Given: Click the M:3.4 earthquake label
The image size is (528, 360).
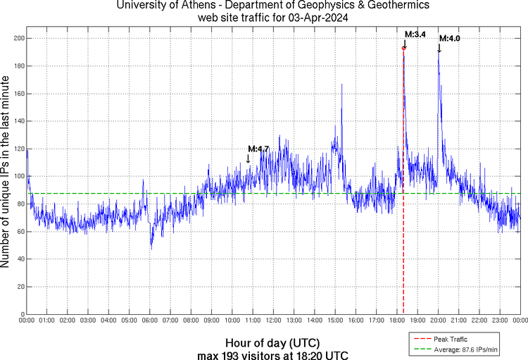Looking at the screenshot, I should point(415,34).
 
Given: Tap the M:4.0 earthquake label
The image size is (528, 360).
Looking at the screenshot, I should point(449,38).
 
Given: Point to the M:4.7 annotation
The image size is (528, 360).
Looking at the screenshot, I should point(258,149).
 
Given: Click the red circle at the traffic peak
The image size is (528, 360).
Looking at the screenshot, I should point(403,48).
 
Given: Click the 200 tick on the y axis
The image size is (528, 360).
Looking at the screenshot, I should point(18,38).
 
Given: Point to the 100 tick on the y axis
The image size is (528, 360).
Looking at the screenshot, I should point(18,176).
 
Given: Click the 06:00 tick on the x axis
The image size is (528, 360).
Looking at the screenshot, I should point(150,321).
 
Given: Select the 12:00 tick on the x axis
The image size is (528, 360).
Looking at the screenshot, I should point(273,321).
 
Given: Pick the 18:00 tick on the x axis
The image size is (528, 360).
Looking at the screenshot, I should point(396,321).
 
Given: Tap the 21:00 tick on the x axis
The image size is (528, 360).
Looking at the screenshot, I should point(458,321).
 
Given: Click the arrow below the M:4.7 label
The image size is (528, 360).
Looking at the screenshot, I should point(248,159).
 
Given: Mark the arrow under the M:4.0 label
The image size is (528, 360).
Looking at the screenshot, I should point(439,48).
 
